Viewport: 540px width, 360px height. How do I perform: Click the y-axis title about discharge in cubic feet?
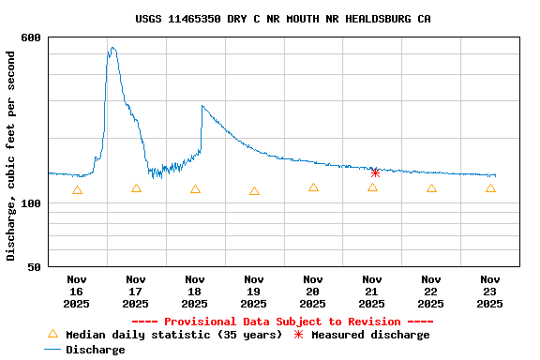point(11,156)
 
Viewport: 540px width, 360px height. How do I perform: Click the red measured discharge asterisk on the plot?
point(375,172)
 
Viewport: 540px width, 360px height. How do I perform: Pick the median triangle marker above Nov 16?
point(77,190)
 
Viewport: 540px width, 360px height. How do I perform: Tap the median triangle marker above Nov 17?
point(136,188)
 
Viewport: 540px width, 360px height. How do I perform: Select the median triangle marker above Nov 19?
point(254,191)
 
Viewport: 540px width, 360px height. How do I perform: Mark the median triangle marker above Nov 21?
point(372,187)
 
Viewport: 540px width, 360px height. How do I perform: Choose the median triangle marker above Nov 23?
point(490,188)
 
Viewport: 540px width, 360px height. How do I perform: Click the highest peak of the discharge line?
point(112,48)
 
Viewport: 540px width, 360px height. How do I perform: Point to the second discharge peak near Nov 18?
point(202,106)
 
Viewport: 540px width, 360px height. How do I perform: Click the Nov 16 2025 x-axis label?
point(77,291)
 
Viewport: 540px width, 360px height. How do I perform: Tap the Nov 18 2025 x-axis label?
point(195,291)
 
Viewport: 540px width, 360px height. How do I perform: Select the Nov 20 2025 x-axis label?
point(313,291)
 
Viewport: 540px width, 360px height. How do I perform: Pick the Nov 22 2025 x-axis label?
point(431,291)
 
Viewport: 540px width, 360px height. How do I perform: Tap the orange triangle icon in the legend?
point(52,334)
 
